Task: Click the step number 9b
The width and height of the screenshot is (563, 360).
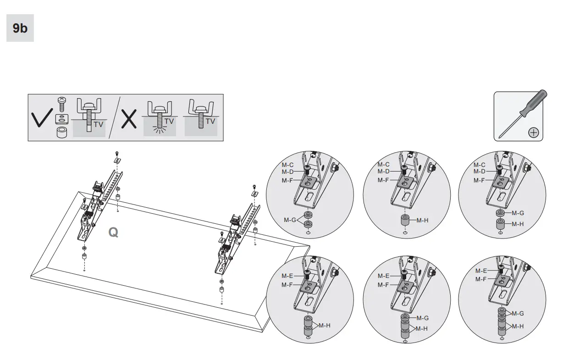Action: tap(20, 28)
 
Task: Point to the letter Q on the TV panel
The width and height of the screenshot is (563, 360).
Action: tap(113, 233)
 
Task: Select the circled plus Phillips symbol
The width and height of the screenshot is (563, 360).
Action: tap(533, 133)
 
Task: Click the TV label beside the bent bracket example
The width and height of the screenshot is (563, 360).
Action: tap(210, 121)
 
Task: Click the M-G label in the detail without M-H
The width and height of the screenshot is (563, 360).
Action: tap(289, 220)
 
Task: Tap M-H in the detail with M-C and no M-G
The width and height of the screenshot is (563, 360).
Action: tap(422, 220)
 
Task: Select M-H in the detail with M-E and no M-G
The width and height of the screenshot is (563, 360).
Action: tap(325, 326)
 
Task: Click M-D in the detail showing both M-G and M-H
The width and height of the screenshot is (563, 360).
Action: tap(479, 172)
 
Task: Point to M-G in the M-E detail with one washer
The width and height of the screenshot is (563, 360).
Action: tap(422, 318)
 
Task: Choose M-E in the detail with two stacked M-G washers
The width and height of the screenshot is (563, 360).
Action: tap(481, 271)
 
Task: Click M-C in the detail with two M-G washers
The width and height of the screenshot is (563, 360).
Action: tap(287, 165)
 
